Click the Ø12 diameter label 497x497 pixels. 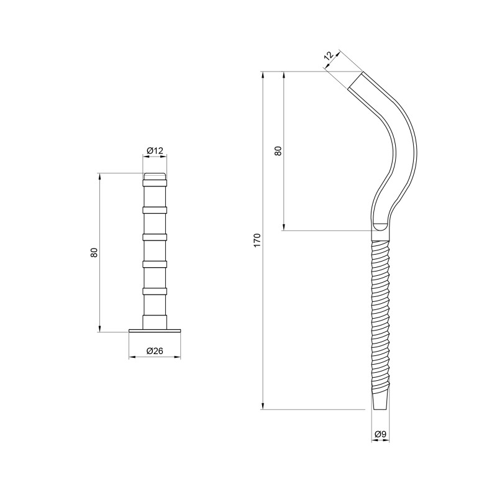click(x=155, y=150)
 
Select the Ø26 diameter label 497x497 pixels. click(x=155, y=351)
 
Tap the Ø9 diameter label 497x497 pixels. click(x=380, y=434)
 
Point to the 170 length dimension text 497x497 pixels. click(x=257, y=240)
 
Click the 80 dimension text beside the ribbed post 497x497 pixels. click(x=94, y=252)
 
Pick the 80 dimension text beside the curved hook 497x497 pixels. click(x=278, y=150)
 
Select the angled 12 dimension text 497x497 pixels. click(x=329, y=56)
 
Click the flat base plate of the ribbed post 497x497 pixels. click(x=155, y=331)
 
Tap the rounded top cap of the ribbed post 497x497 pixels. click(x=155, y=176)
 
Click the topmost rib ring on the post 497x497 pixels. click(x=155, y=183)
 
